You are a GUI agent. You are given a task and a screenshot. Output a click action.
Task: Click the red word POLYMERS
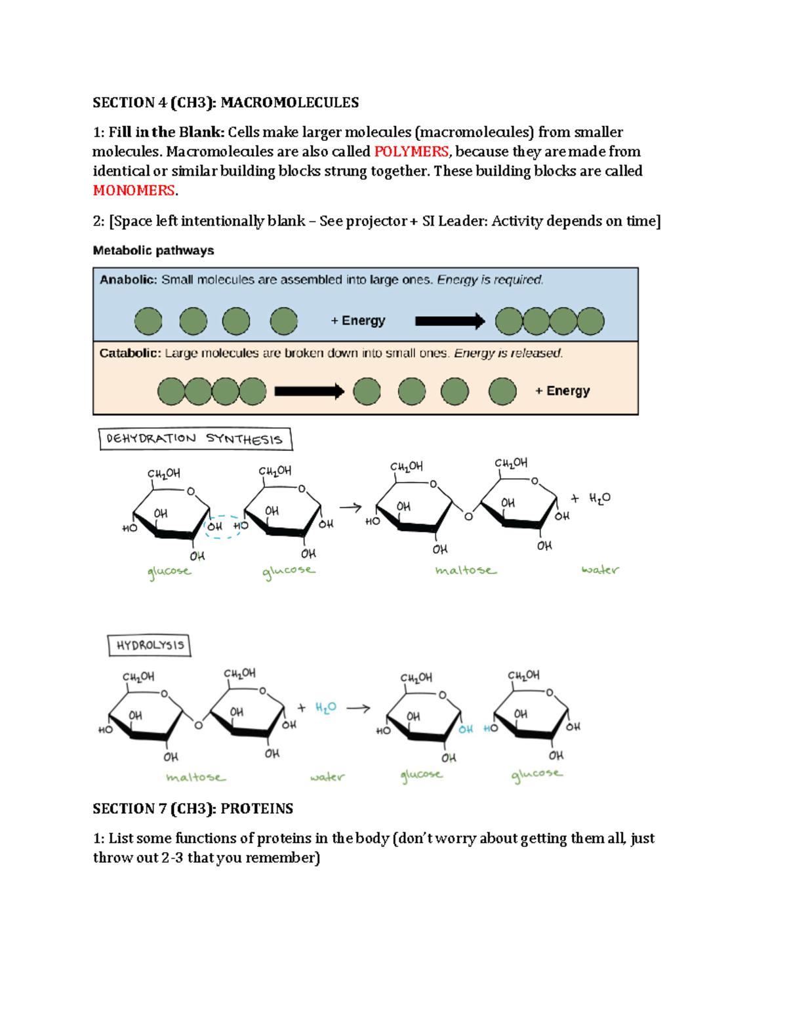pyautogui.click(x=411, y=151)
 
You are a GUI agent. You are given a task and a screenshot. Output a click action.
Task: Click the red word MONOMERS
pyautogui.click(x=134, y=190)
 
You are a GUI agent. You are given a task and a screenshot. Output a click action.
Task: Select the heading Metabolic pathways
pyautogui.click(x=153, y=250)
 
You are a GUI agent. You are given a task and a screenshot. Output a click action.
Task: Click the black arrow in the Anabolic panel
pyautogui.click(x=450, y=321)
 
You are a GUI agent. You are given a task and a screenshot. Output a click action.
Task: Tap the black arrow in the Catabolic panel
pyautogui.click(x=309, y=391)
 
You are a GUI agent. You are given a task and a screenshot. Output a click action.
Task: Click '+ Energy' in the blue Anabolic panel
pyautogui.click(x=357, y=321)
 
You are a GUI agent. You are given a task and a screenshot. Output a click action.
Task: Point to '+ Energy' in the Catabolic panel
pyautogui.click(x=562, y=391)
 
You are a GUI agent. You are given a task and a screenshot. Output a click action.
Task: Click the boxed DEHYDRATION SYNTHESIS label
pyautogui.click(x=195, y=439)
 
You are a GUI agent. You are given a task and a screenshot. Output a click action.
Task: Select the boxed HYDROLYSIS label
pyautogui.click(x=150, y=646)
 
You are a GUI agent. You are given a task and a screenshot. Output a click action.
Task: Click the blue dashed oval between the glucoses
pyautogui.click(x=223, y=526)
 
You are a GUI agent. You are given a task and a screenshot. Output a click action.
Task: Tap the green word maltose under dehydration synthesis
pyautogui.click(x=466, y=570)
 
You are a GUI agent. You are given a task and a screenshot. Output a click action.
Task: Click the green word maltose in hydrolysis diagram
pyautogui.click(x=195, y=777)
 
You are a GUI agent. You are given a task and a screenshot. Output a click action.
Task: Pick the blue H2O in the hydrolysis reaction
pyautogui.click(x=325, y=708)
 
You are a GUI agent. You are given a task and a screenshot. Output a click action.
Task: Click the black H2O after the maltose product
pyautogui.click(x=599, y=498)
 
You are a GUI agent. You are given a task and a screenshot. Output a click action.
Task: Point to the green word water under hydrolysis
pyautogui.click(x=327, y=777)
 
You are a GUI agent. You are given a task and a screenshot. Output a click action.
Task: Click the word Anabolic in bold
pyautogui.click(x=128, y=280)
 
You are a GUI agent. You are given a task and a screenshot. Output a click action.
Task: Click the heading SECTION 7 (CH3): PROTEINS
pyautogui.click(x=193, y=809)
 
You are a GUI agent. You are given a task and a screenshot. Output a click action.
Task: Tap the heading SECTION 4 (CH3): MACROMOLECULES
pyautogui.click(x=226, y=103)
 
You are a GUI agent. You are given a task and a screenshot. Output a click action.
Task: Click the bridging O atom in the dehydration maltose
pyautogui.click(x=468, y=517)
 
